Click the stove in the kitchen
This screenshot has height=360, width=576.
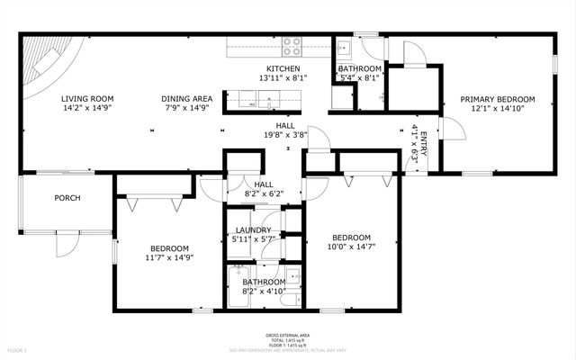click(292, 46)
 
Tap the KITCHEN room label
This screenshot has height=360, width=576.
click(283, 69)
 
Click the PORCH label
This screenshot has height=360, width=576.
click(67, 198)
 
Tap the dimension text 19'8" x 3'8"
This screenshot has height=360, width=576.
click(285, 135)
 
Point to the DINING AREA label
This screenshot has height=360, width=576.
click(186, 99)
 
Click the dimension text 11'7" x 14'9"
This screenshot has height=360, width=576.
click(169, 257)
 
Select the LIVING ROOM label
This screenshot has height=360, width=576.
click(87, 99)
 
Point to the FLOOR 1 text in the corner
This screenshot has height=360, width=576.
click(18, 349)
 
